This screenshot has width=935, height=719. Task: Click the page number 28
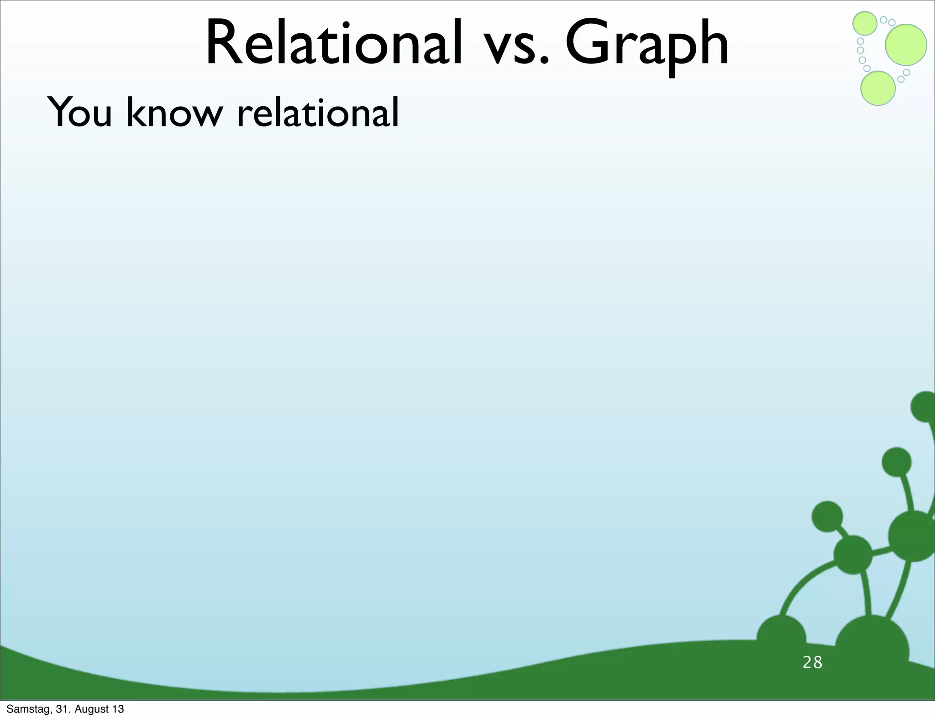pyautogui.click(x=812, y=662)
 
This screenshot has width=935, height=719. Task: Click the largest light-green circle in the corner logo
pyautogui.click(x=906, y=45)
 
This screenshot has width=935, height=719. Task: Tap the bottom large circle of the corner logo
pyautogui.click(x=877, y=89)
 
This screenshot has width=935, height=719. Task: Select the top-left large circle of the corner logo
pyautogui.click(x=865, y=23)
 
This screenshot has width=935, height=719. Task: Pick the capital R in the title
pyautogui.click(x=224, y=44)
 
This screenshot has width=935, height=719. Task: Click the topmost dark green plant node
pyautogui.click(x=925, y=406)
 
